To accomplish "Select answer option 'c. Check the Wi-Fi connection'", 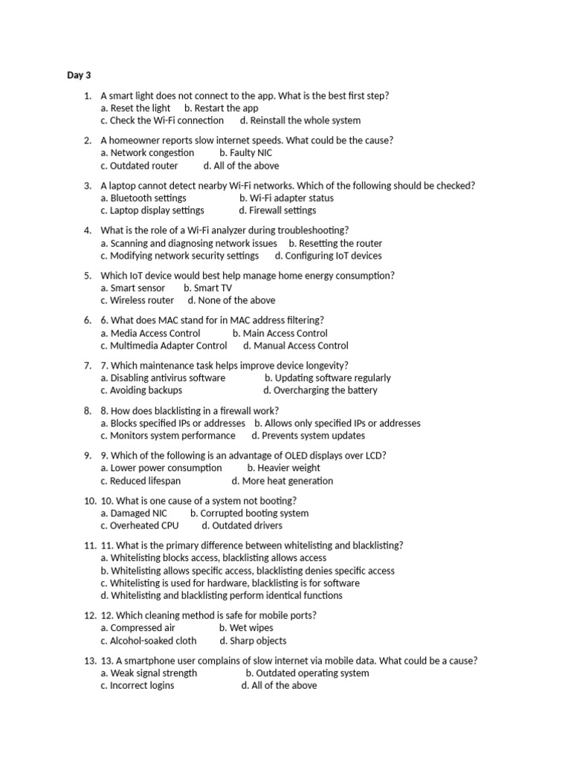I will coord(162,120).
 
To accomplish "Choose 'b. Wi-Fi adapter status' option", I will coord(286,198).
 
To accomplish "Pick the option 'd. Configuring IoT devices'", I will coord(328,256).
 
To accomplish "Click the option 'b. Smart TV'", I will coord(207,288).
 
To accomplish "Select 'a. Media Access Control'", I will coord(150,334).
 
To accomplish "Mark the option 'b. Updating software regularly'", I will coord(327,378).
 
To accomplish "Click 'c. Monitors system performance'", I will coord(168,436).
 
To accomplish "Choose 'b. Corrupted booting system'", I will coord(249,514).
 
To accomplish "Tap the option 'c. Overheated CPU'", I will coord(140,525).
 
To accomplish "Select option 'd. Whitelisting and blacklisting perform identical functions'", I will coord(222,595).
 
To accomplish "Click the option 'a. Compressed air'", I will coord(138,628).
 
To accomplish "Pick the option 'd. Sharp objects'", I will coord(253,641).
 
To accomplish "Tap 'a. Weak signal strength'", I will coord(149,673).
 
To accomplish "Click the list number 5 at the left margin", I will coord(88,276).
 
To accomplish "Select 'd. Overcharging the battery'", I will coord(320,390).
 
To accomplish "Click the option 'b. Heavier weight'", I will coord(284,468).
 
